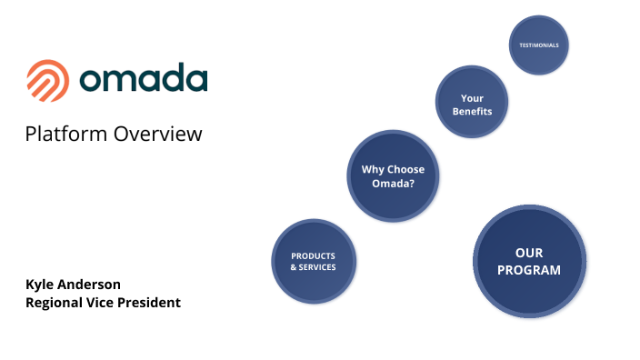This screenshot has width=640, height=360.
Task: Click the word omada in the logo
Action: pyautogui.click(x=144, y=79)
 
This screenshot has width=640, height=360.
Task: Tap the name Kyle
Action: pyautogui.click(x=41, y=285)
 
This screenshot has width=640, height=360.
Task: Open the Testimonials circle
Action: pyautogui.click(x=538, y=45)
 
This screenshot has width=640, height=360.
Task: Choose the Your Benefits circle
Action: pyautogui.click(x=472, y=105)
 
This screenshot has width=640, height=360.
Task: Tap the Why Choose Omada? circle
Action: pyautogui.click(x=393, y=176)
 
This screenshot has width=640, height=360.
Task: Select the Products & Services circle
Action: pyautogui.click(x=314, y=262)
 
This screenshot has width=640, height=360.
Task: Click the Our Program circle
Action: pyautogui.click(x=529, y=261)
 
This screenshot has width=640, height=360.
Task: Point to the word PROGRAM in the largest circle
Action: pyautogui.click(x=529, y=270)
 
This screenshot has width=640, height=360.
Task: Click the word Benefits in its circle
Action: pyautogui.click(x=472, y=112)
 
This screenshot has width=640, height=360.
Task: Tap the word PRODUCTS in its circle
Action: pyautogui.click(x=314, y=255)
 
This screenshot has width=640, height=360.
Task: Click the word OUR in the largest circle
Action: pyautogui.click(x=529, y=253)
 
